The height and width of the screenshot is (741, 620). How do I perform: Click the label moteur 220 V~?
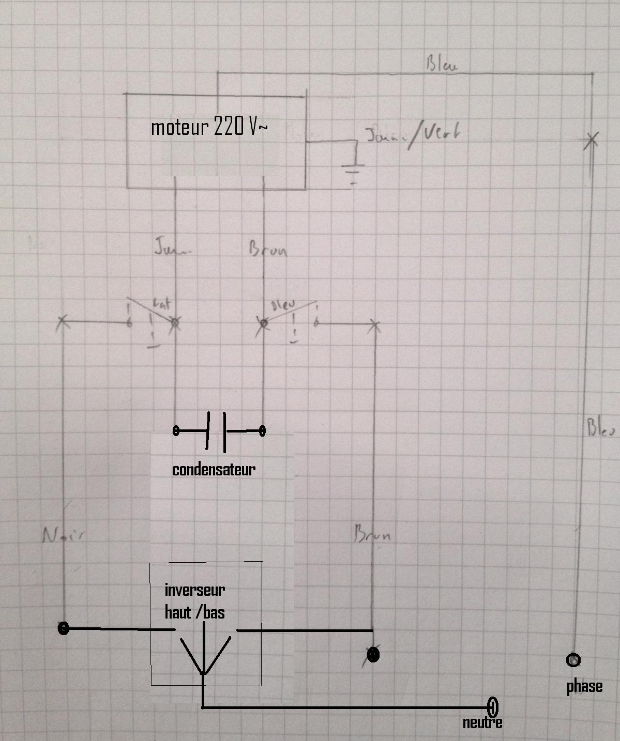click(x=209, y=127)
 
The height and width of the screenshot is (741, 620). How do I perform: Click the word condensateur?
click(x=214, y=469)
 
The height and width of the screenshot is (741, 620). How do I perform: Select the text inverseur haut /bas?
click(x=195, y=601)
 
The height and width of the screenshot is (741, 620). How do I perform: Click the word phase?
click(x=584, y=686)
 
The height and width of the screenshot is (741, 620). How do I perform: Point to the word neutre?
click(x=482, y=722)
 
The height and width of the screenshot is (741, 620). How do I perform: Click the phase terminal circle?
click(x=573, y=660)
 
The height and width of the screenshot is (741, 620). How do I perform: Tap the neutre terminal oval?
click(x=493, y=706)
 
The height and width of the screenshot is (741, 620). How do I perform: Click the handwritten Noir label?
click(x=63, y=535)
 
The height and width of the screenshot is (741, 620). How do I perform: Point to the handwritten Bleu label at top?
click(x=442, y=65)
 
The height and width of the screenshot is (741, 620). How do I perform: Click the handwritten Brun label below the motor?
click(x=268, y=250)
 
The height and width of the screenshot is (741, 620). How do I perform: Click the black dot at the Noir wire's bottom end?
click(x=63, y=628)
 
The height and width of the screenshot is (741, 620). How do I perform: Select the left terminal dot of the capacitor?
click(x=176, y=430)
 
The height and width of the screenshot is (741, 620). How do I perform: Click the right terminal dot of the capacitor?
click(x=262, y=430)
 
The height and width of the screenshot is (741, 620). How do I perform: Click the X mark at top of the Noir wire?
click(x=62, y=322)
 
